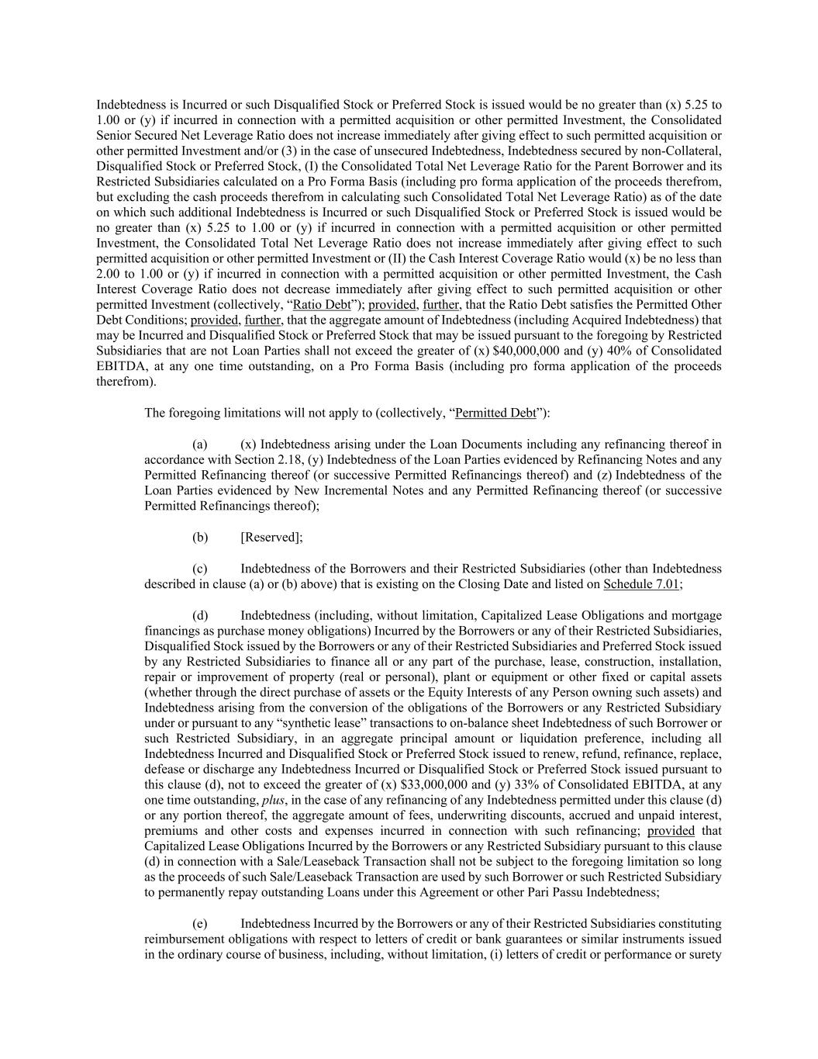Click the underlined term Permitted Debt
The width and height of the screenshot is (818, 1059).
[495, 413]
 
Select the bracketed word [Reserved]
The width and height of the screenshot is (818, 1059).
[271, 537]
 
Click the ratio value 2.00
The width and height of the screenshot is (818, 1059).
[109, 274]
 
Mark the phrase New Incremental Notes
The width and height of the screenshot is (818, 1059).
[363, 490]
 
